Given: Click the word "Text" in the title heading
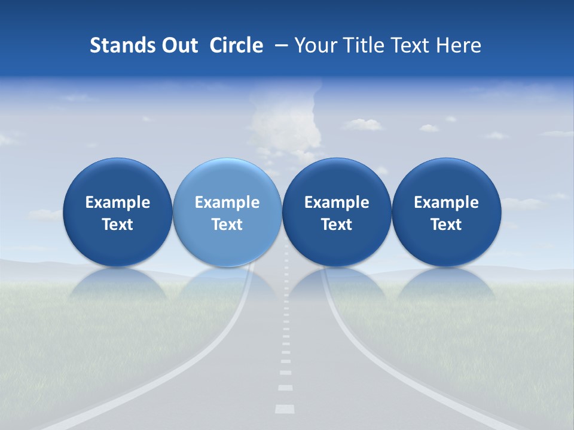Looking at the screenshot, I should (x=413, y=45).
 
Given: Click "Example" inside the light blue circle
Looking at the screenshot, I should (x=227, y=202).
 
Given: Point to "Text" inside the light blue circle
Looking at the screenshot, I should (x=227, y=225).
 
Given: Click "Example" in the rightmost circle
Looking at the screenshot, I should (x=446, y=202).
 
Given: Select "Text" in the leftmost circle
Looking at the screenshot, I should (x=118, y=225).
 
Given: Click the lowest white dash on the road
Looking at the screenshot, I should (x=285, y=409).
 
